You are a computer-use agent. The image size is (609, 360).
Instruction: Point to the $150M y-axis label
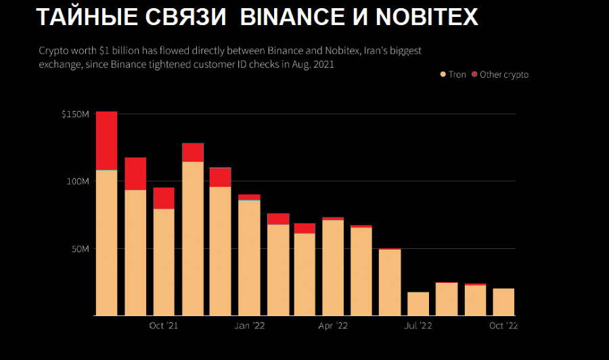click(75, 114)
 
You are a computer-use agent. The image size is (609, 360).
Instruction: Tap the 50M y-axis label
click(79, 249)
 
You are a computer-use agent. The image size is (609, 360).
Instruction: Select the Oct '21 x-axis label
click(164, 326)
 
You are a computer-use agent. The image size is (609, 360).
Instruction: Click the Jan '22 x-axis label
click(250, 326)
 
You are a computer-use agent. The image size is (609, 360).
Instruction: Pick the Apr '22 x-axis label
click(333, 326)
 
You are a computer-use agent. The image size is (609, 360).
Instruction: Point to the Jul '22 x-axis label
click(418, 326)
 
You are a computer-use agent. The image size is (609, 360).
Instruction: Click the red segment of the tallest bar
click(107, 141)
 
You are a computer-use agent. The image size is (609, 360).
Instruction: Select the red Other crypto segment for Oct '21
click(164, 198)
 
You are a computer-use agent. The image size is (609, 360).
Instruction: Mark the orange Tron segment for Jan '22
click(249, 258)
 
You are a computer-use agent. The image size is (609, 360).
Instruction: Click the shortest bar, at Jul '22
click(418, 304)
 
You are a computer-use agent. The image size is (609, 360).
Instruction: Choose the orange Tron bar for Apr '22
click(333, 267)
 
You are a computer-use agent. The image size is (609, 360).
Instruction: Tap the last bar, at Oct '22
click(503, 302)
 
